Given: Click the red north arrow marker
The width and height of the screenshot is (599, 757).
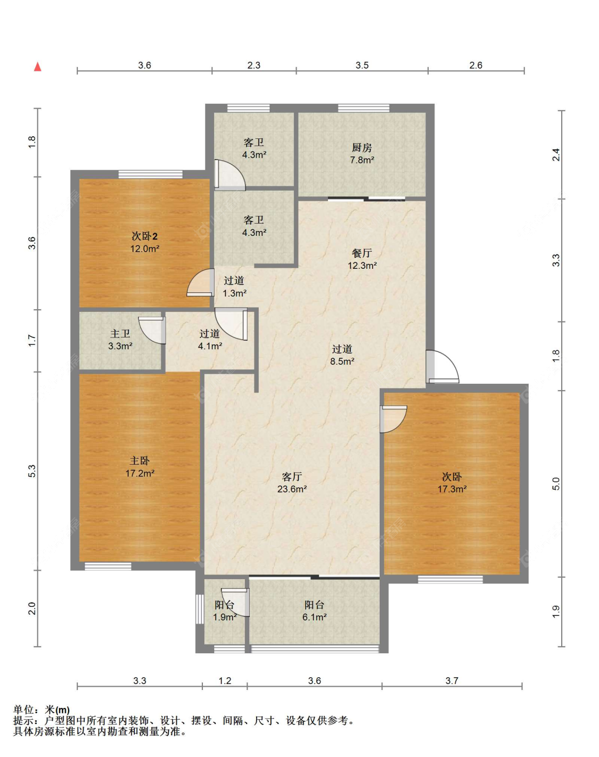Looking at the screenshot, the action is tap(38, 67).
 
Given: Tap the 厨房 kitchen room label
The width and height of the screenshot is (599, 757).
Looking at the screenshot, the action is tap(362, 147).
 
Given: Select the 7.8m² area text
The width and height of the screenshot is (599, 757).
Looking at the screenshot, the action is tap(362, 160).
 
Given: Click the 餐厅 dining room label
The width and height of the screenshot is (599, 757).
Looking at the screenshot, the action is tap(362, 253).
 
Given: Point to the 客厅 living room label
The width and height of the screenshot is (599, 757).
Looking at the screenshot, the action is tap(292, 476).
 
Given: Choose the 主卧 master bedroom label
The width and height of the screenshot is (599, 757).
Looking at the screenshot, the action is tap(140, 461).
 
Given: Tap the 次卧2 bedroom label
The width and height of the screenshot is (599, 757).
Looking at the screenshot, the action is tap(145, 236).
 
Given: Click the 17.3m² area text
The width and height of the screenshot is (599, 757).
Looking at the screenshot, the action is tap(452, 489).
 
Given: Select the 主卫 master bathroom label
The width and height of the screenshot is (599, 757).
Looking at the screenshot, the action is tap(120, 333).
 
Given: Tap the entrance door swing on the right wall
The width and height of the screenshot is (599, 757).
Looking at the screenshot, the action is tap(442, 367).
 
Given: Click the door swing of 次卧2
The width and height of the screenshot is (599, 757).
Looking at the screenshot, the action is tap(200, 283).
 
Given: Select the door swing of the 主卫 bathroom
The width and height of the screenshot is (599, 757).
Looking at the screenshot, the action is tap(152, 330).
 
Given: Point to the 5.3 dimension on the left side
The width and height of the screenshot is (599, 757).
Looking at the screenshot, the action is tap(32, 471).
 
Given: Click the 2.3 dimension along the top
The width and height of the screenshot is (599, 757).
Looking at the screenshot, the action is tap(254, 65).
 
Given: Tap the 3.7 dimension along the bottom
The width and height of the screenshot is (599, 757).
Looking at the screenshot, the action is tap(452, 681).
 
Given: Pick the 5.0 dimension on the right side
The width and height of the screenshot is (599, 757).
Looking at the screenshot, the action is tap(556, 484).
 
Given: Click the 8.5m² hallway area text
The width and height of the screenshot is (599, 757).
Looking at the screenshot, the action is tap(342, 361).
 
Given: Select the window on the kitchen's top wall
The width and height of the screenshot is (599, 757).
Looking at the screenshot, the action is tap(364, 108).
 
